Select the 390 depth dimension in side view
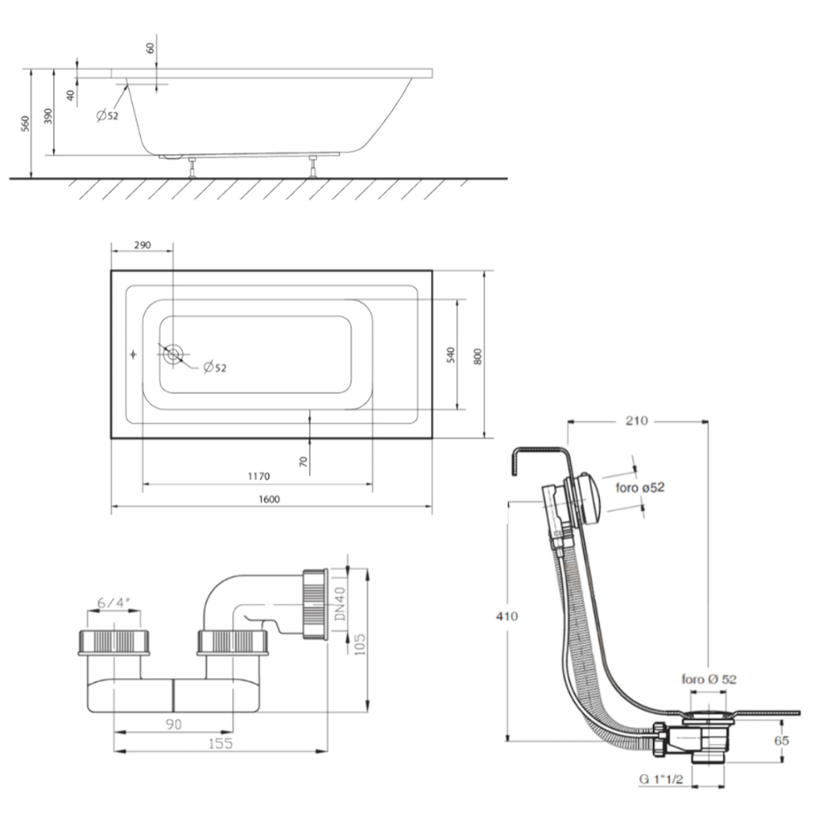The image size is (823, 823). [49, 117]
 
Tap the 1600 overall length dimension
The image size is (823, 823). [269, 499]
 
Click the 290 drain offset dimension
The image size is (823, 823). [142, 245]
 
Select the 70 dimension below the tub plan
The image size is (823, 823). [304, 461]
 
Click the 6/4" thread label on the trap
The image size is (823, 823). [113, 602]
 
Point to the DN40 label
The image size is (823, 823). [340, 604]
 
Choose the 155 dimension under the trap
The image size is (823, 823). [219, 744]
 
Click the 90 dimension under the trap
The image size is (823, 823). [173, 724]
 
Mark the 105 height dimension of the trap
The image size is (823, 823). [360, 644]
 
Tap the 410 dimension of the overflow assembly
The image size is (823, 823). [507, 616]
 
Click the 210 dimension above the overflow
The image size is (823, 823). [636, 420]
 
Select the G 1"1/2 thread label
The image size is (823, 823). [661, 780]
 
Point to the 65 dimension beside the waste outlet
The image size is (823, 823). [781, 740]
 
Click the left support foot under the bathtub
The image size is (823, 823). [193, 168]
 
